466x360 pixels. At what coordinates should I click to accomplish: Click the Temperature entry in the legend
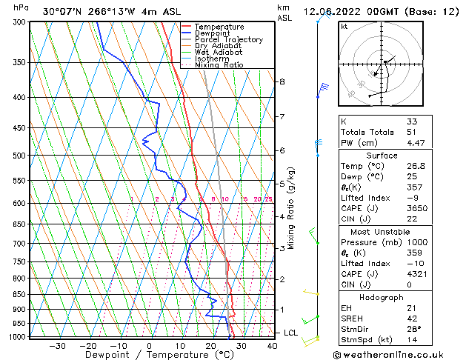tap(220, 27)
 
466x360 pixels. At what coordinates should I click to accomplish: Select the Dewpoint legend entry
tap(213, 33)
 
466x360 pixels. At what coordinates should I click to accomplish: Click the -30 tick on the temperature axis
tap(57, 345)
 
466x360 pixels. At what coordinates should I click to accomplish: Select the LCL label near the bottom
tap(290, 333)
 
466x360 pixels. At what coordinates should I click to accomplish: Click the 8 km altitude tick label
tap(282, 81)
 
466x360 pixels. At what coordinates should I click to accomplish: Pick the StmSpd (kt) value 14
tap(412, 339)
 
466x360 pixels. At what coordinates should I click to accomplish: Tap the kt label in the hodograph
tap(344, 26)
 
